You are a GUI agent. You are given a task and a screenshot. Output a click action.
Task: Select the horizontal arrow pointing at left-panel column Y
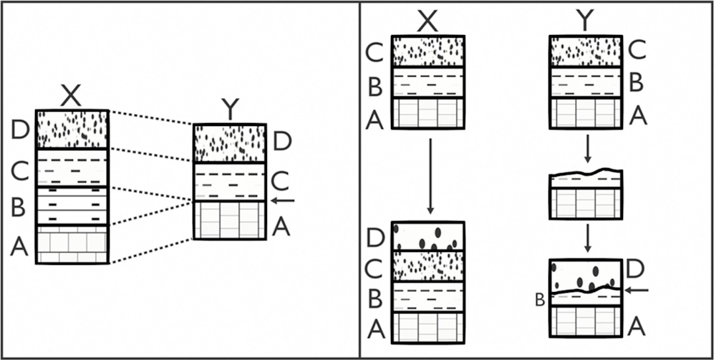pyautogui.click(x=285, y=200)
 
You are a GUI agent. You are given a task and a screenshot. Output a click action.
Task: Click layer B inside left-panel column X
pyautogui.click(x=72, y=206)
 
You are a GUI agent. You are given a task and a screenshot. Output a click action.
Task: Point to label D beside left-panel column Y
pyautogui.click(x=282, y=141)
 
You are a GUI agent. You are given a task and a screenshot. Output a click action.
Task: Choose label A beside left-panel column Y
pyautogui.click(x=282, y=227)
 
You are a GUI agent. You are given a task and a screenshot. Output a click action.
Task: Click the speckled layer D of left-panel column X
pyautogui.click(x=72, y=129)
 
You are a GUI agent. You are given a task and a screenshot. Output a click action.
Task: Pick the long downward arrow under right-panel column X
pyautogui.click(x=430, y=175)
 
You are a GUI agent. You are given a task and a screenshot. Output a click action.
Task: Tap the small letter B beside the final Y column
pyautogui.click(x=541, y=299)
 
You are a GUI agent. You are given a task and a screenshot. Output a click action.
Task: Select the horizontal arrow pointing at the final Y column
pyautogui.click(x=637, y=290)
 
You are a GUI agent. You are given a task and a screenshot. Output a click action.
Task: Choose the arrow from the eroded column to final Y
pyautogui.click(x=587, y=238)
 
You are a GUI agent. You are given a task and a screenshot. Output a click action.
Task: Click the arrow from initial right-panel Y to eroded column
pyautogui.click(x=587, y=148)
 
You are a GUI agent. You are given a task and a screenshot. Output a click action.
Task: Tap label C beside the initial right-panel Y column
pyautogui.click(x=637, y=51)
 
